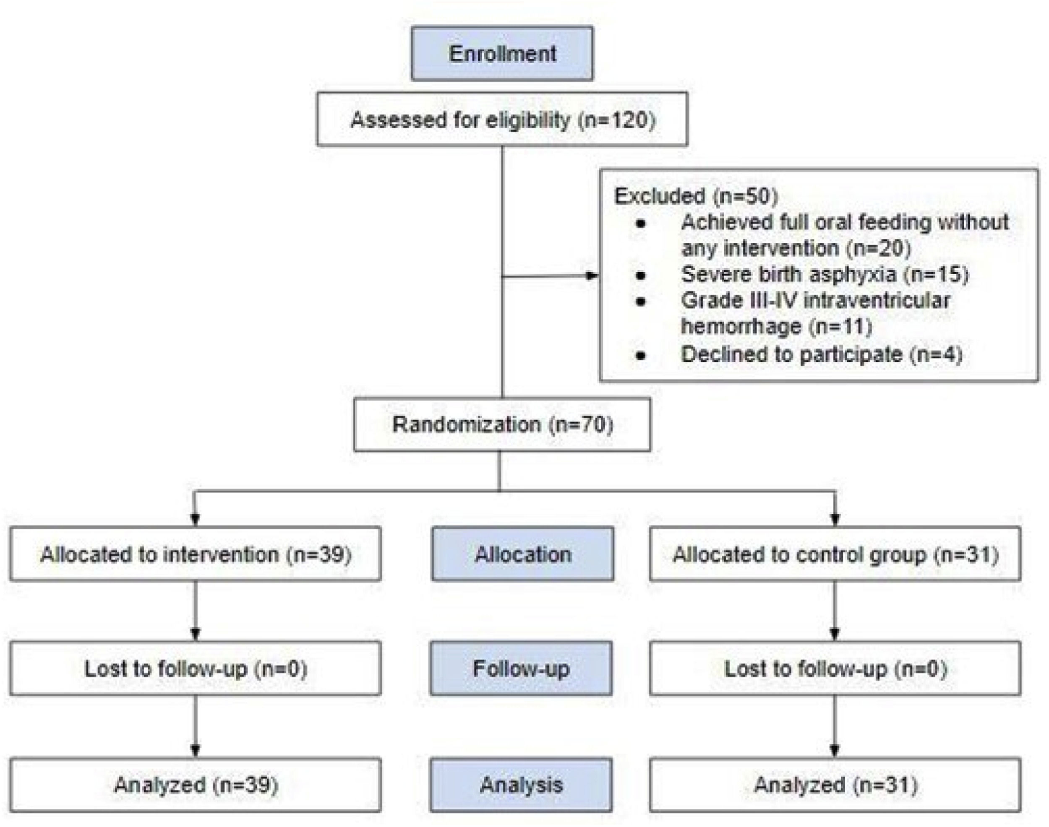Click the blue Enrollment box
coord(502,53)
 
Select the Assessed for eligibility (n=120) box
coord(502,119)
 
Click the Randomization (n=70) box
coord(502,425)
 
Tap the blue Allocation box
coord(522,554)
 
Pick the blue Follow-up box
coord(521,668)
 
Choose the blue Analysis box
coord(521,785)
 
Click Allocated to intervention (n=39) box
coord(195,554)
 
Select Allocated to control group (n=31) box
coord(835,554)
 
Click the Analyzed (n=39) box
coord(195,785)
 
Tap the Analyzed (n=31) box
coord(835,785)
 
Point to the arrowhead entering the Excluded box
coord(592,276)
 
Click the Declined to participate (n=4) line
coord(821,354)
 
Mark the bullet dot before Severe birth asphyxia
coord(641,276)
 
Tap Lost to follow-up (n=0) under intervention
coord(195,668)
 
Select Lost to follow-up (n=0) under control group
coord(835,668)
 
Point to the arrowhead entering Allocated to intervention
coord(195,520)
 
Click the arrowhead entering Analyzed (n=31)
coord(835,751)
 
